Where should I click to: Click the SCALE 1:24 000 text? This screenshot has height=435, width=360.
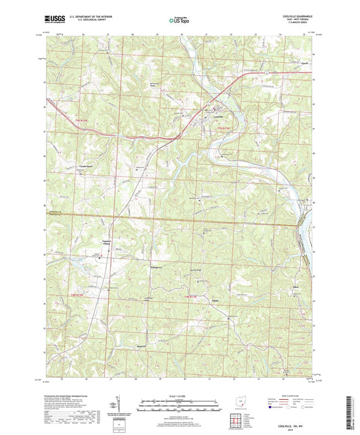pyautogui.click(x=178, y=395)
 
